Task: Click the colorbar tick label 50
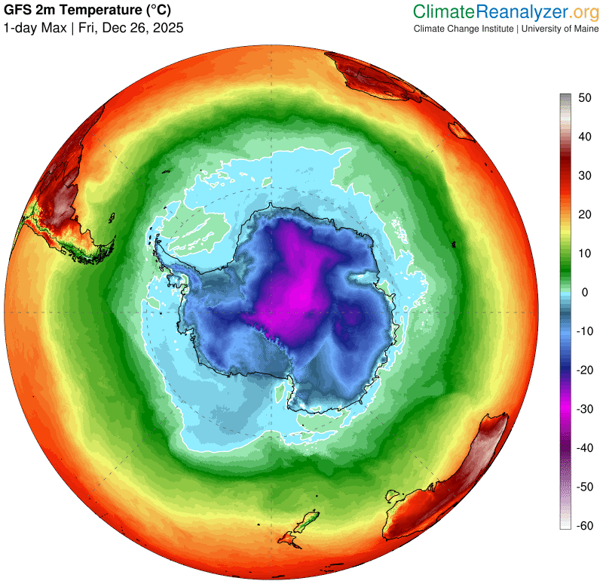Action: (585, 97)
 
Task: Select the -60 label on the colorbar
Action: (583, 526)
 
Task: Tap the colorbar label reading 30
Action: (585, 175)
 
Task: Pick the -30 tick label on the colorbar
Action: (583, 409)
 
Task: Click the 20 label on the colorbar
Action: (585, 214)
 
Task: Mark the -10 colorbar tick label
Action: (583, 331)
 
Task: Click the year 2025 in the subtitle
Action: (168, 28)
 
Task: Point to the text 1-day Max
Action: (34, 28)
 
